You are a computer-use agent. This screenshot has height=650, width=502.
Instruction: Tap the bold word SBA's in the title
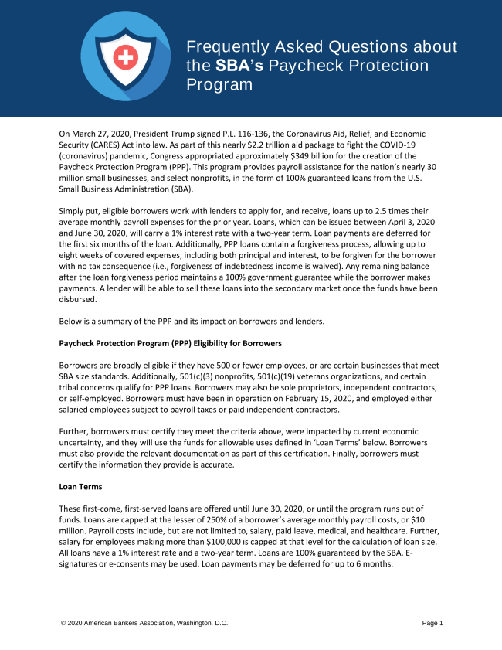(239, 66)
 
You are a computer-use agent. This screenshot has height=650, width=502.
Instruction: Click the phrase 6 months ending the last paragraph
(374, 563)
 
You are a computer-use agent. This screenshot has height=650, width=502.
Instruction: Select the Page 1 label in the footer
(432, 623)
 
